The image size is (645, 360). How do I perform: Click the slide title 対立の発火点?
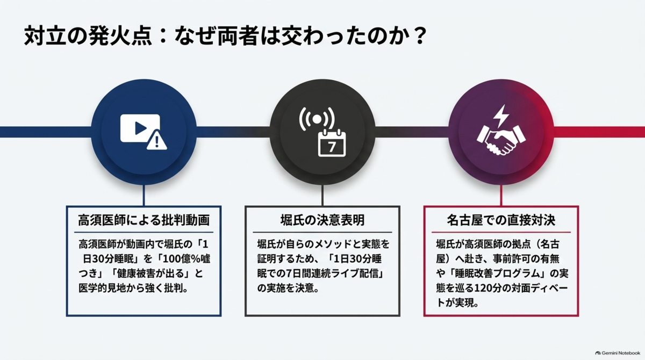88,36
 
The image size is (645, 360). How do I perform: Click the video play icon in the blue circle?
140,128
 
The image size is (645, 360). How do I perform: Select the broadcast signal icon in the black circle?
317,119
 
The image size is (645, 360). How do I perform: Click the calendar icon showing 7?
332,143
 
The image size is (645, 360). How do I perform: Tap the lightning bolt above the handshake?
501,116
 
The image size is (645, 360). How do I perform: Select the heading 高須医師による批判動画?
144,220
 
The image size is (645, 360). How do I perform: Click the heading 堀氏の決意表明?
322,220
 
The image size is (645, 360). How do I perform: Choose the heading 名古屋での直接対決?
501,220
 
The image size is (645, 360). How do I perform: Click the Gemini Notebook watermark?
618,353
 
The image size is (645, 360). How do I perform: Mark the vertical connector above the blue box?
144,195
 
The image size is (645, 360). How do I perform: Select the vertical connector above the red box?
501,195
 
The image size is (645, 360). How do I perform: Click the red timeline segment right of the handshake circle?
599,132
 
